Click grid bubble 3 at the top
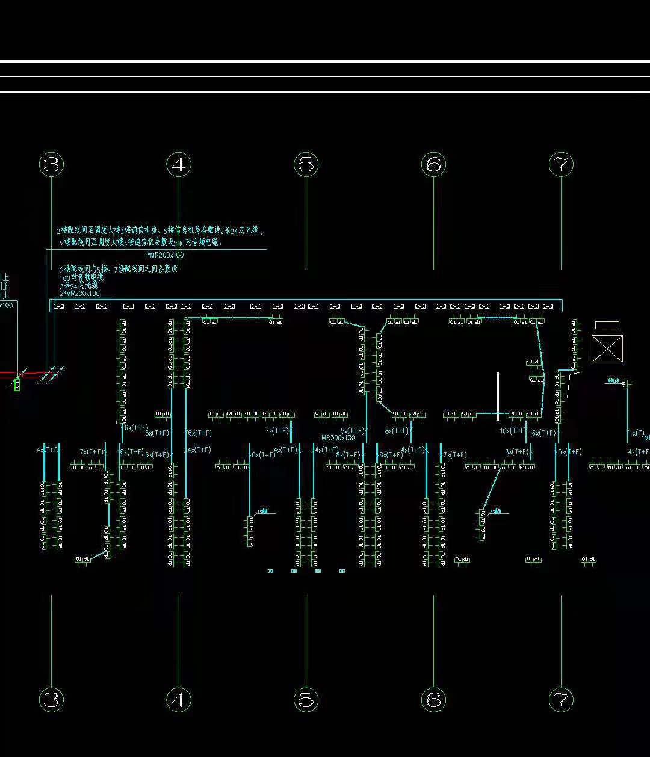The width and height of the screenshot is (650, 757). coord(51,164)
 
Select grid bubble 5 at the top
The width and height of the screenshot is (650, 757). coord(306,164)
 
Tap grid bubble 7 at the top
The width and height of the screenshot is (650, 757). coord(561,164)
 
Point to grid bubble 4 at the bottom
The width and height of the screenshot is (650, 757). coord(179,700)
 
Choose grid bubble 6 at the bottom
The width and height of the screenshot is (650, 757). coord(433,700)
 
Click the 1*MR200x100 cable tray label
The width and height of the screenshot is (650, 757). coord(164,255)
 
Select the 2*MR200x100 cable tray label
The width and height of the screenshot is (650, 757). coord(79,294)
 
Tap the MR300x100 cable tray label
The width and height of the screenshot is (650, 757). coord(338,438)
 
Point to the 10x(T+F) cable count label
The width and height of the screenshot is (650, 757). coord(513,431)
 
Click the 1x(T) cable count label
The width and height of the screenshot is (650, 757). coord(636,433)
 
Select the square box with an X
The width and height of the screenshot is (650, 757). coord(607,349)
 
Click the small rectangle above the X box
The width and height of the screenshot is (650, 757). coord(607,326)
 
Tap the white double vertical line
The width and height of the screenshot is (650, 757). coord(498,396)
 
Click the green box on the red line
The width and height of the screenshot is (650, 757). coord(17,384)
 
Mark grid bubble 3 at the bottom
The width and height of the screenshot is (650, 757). coord(51,700)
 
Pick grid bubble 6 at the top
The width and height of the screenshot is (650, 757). coord(433,164)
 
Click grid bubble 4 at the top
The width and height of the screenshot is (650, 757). coord(179,164)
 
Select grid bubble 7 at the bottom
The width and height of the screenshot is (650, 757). coord(561,700)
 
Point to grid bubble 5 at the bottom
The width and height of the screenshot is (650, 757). coord(306,700)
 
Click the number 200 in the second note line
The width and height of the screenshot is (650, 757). coord(179,243)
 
